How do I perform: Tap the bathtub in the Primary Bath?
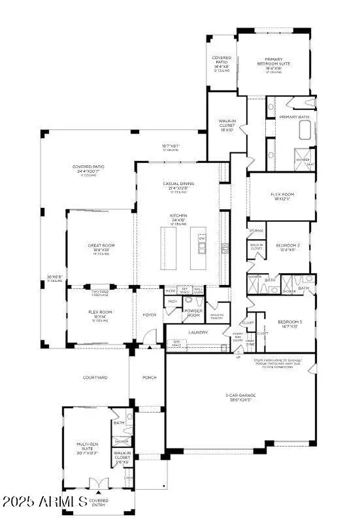pyautogui.click(x=305, y=131)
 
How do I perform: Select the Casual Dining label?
pyautogui.click(x=178, y=184)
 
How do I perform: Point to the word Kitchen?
pyautogui.click(x=178, y=216)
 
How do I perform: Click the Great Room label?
pyautogui.click(x=101, y=246)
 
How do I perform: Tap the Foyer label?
pyautogui.click(x=150, y=314)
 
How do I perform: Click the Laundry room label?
pyautogui.click(x=198, y=332)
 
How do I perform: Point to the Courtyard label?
pyautogui.click(x=96, y=377)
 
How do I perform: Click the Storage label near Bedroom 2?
pyautogui.click(x=256, y=231)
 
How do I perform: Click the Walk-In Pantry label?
pyautogui.click(x=217, y=316)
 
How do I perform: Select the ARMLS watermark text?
pyautogui.click(x=44, y=502)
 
